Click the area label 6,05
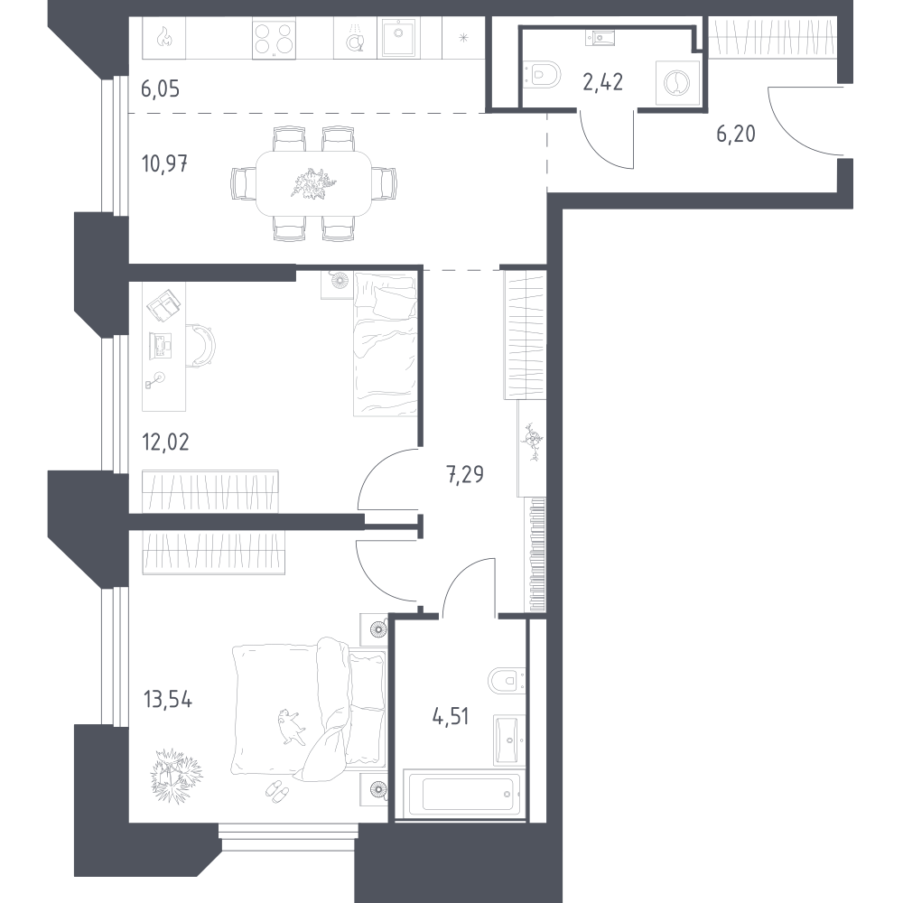(x=160, y=89)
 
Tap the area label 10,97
(x=164, y=164)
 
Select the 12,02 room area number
(x=165, y=442)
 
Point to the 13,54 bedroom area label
(x=168, y=701)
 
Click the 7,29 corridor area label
(x=465, y=475)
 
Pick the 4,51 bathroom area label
(x=451, y=717)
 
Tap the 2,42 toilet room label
(x=603, y=82)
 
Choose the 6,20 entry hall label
(x=736, y=135)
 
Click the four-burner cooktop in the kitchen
(x=275, y=39)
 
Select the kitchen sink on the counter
(x=399, y=37)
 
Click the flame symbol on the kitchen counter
(x=164, y=38)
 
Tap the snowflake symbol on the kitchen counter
(x=463, y=38)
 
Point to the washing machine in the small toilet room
(x=677, y=83)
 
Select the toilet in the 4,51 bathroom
(x=507, y=681)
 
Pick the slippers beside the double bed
(x=277, y=790)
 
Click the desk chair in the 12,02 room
(x=201, y=344)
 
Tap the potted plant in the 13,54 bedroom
(x=176, y=775)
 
